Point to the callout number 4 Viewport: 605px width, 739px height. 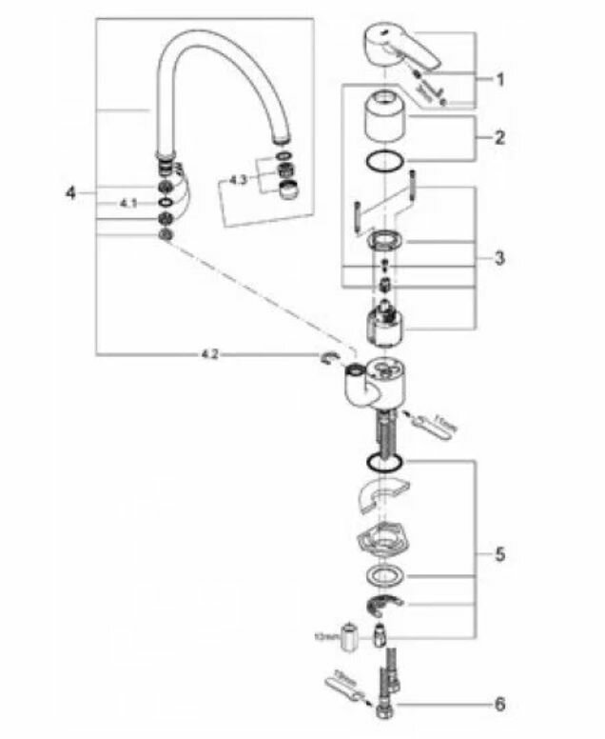point(69,193)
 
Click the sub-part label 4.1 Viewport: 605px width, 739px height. point(128,203)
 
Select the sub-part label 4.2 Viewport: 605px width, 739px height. point(209,354)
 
